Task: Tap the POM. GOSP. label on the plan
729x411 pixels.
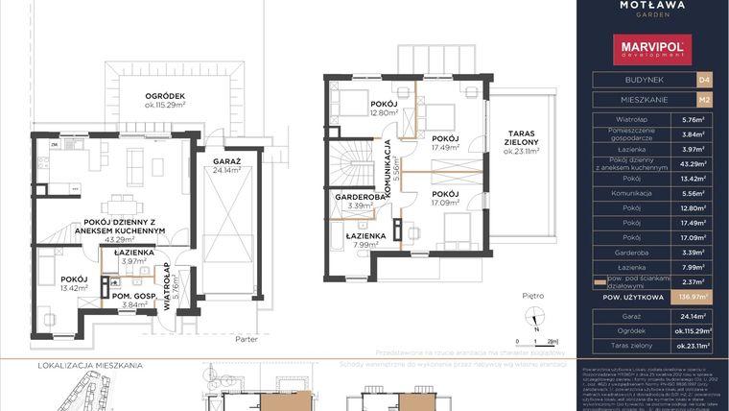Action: [x=134, y=294]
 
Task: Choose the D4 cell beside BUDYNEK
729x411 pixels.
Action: [x=703, y=81]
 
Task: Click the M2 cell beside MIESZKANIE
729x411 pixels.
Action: [x=703, y=99]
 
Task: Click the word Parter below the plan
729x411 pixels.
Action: [x=250, y=337]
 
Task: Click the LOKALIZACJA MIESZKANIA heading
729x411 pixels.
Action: [x=90, y=366]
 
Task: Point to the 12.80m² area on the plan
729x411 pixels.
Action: [x=357, y=112]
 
